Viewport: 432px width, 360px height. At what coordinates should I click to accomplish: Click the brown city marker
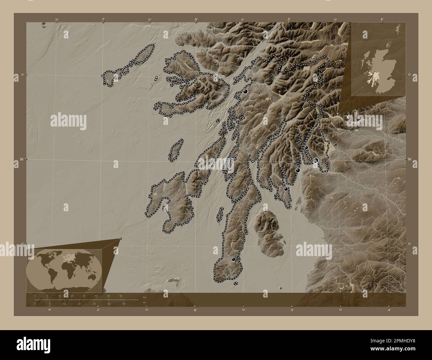tap(250, 155)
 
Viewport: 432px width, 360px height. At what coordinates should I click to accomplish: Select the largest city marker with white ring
tap(316, 160)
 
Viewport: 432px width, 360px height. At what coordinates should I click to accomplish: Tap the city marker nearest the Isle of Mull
tap(246, 91)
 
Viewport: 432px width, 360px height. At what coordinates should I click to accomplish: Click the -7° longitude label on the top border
tap(103, 19)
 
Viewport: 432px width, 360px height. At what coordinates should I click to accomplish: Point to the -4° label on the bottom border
tap(388, 310)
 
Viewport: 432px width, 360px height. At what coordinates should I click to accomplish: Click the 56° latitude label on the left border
tap(20, 159)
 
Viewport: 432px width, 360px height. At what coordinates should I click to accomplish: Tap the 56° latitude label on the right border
tap(409, 159)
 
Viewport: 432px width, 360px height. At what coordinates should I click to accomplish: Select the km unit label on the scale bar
tap(144, 297)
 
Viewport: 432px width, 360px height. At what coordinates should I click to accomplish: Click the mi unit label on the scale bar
tap(144, 303)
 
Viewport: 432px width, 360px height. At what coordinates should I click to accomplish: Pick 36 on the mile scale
tap(124, 304)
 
